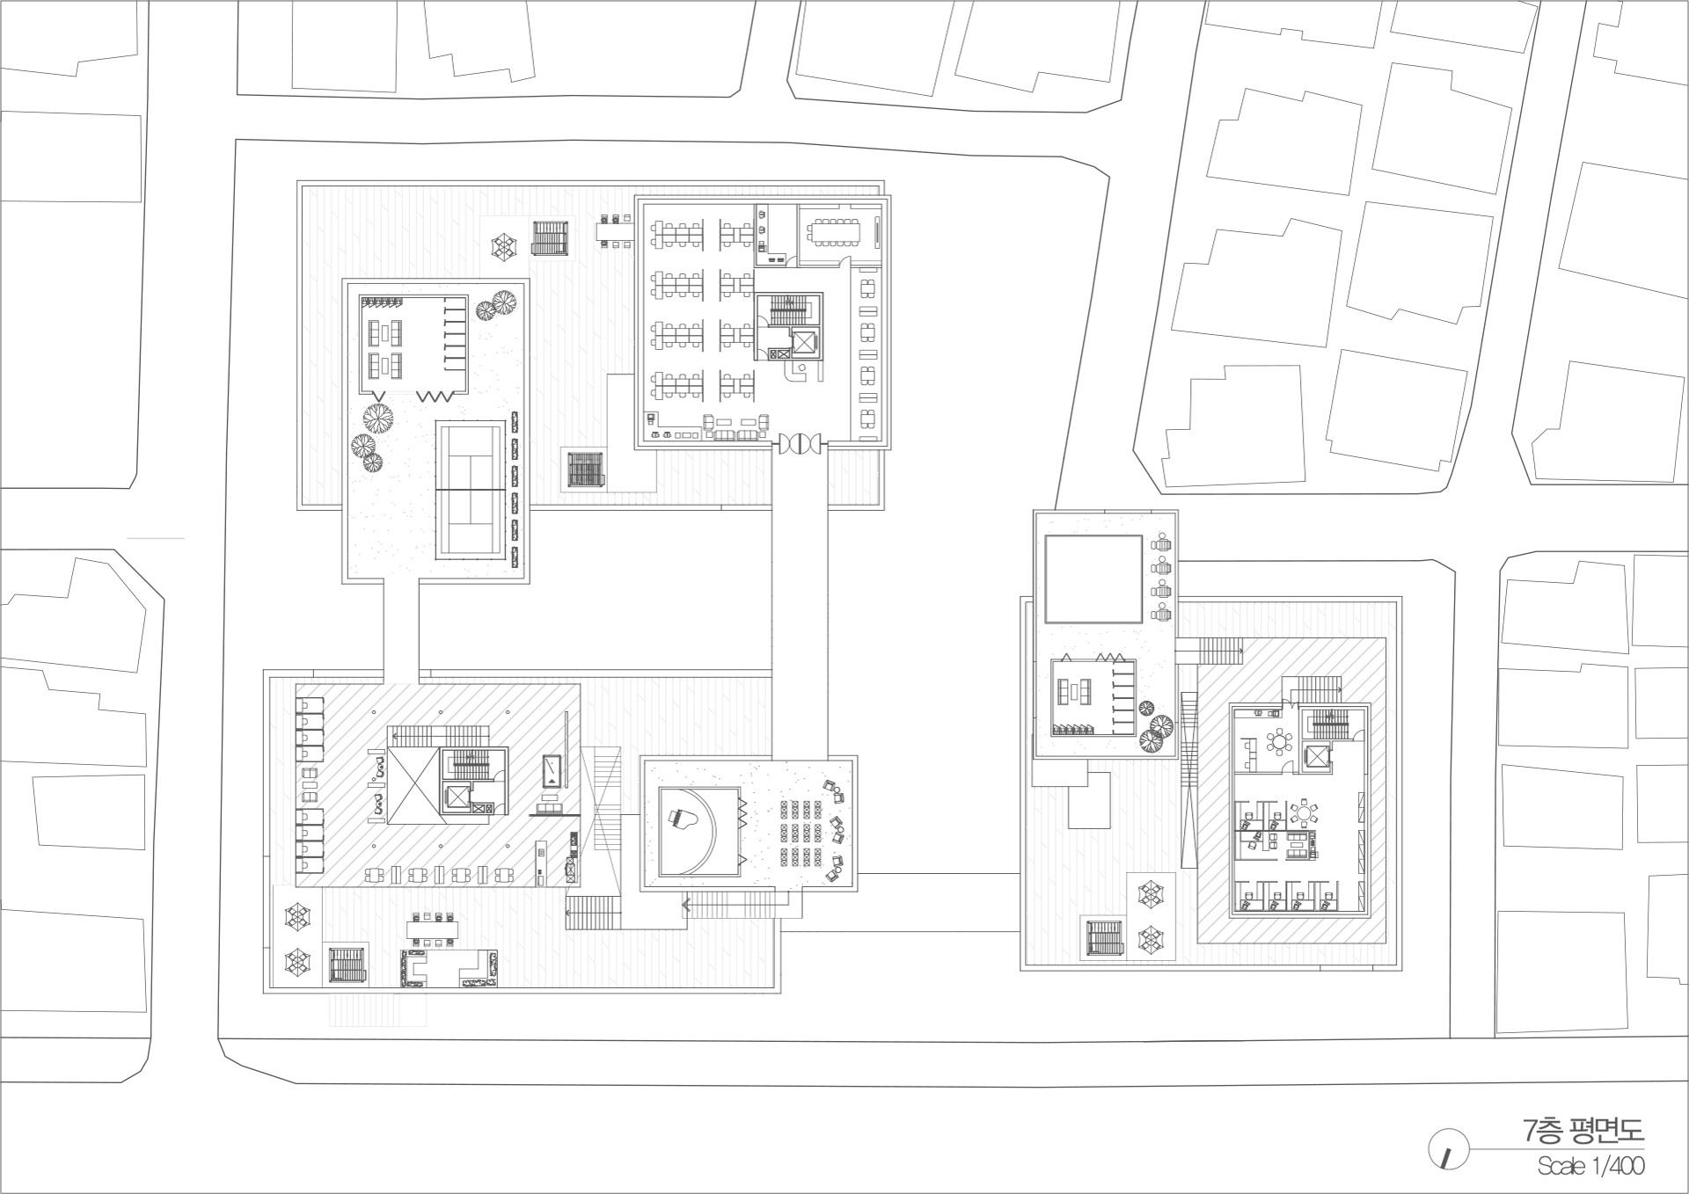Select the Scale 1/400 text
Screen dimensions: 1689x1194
(x=1590, y=1166)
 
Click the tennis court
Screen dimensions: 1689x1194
(x=471, y=489)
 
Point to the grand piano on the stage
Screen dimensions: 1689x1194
(x=684, y=821)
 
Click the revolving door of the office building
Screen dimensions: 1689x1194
(x=798, y=444)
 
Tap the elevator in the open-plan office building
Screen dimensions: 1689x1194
(x=803, y=342)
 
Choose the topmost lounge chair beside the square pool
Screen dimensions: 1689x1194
(x=1163, y=544)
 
